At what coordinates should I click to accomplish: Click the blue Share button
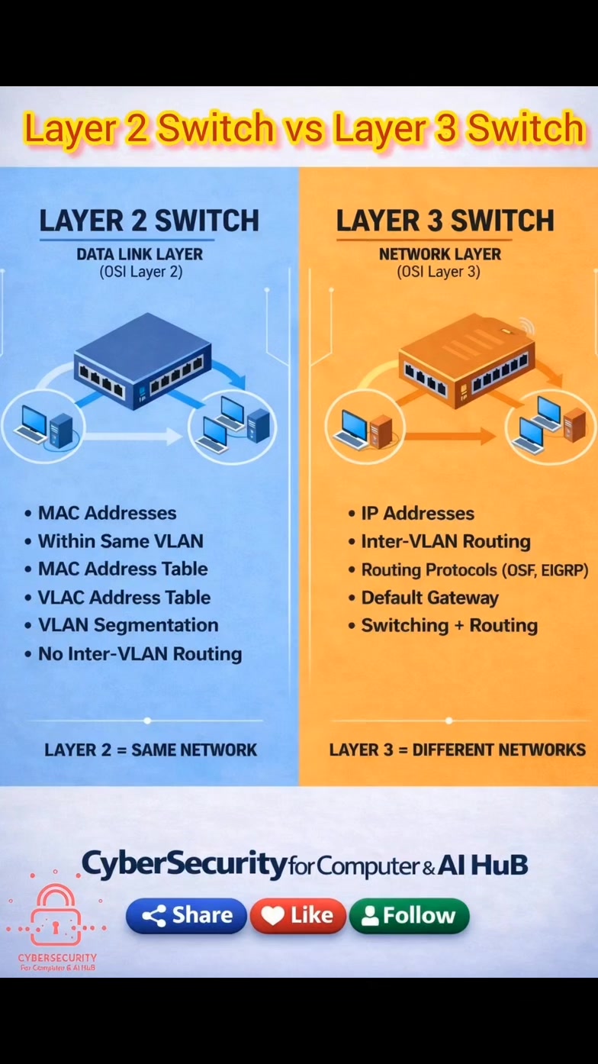coord(186,915)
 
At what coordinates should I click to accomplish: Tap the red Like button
coord(298,915)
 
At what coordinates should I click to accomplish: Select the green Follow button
coord(409,915)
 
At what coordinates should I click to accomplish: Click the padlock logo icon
coord(56,914)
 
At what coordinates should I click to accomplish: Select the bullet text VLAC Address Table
coord(124,598)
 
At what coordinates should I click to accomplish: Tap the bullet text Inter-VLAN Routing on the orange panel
coord(445,541)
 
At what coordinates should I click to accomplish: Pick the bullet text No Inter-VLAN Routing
coord(140,653)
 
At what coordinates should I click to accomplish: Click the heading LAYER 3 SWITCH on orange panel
coord(445,221)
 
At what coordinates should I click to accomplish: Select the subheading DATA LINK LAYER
coord(140,254)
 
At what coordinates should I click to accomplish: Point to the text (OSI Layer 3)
coord(439,272)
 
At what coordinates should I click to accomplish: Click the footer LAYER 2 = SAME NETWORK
coord(150,750)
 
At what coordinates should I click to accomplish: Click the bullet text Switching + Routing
coord(449,626)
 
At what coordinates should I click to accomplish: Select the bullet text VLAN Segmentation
coord(128,625)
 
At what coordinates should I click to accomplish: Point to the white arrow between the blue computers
coord(127,435)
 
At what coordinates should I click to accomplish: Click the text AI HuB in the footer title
coord(482,865)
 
